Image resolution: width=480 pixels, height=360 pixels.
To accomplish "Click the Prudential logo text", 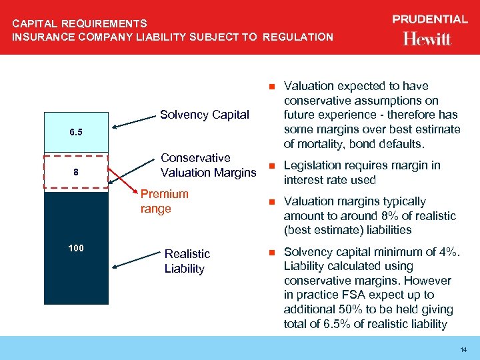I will tap(429, 19).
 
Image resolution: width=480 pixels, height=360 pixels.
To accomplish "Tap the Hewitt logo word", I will tap(427, 39).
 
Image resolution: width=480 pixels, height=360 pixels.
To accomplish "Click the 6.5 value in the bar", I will tap(76, 132).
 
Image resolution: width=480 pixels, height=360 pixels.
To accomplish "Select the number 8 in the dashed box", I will tap(76, 173).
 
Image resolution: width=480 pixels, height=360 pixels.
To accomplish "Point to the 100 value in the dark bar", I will tap(76, 248).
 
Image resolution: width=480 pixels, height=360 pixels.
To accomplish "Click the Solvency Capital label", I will tap(205, 115).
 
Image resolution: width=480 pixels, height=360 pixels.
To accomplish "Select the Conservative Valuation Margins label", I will tap(208, 165).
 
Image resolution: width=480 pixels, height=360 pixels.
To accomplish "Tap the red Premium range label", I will tap(164, 201).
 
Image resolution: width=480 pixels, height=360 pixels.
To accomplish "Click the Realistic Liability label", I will tap(187, 261).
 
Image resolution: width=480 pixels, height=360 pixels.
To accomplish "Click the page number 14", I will tap(463, 350).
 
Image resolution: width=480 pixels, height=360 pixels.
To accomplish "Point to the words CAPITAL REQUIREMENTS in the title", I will tap(79, 24).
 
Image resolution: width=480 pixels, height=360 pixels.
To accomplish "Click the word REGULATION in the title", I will tap(297, 37).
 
